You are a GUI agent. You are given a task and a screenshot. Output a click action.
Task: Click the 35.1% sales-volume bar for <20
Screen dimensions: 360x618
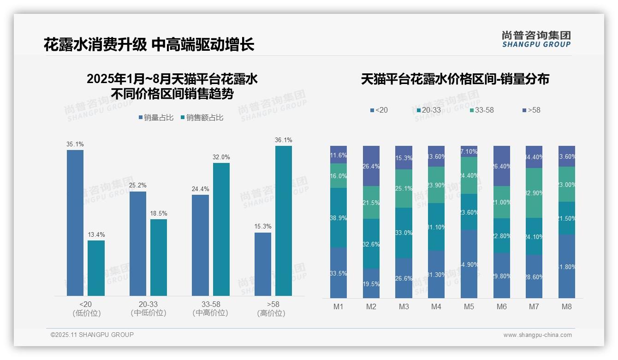(75, 223)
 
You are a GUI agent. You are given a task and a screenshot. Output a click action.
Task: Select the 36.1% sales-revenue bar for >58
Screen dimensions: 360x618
(283, 221)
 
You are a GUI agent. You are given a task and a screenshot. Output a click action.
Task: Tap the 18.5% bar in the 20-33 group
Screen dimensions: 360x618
(159, 258)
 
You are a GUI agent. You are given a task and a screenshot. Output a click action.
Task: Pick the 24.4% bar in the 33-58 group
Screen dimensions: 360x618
(200, 245)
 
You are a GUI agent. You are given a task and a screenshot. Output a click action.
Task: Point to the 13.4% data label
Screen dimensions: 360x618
(96, 235)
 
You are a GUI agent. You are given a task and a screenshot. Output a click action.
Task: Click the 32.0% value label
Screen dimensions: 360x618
(221, 157)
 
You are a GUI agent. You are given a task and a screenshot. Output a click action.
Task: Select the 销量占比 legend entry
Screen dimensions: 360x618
(156, 118)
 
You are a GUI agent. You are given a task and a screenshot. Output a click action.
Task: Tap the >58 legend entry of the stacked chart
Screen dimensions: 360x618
(531, 110)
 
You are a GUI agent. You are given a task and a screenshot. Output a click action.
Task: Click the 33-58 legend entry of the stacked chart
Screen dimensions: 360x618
(482, 110)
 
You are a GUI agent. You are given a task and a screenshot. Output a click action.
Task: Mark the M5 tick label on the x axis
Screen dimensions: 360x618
(469, 307)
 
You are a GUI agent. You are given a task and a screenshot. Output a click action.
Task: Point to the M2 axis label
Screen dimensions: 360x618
(371, 307)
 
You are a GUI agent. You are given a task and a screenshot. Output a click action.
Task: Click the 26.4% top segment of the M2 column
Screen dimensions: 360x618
(371, 166)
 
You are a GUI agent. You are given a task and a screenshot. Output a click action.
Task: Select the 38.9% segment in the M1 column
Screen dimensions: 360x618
(339, 217)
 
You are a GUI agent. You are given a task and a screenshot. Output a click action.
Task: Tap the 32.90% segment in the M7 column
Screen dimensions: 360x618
(534, 193)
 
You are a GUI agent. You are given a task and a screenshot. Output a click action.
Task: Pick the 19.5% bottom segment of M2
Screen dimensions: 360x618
(371, 283)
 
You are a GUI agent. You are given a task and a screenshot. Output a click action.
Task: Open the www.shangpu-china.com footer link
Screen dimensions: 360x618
(537, 335)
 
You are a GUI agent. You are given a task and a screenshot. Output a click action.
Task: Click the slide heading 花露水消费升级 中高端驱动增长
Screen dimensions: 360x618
(149, 45)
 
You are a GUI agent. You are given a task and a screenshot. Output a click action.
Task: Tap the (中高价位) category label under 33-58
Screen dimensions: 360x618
(210, 313)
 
